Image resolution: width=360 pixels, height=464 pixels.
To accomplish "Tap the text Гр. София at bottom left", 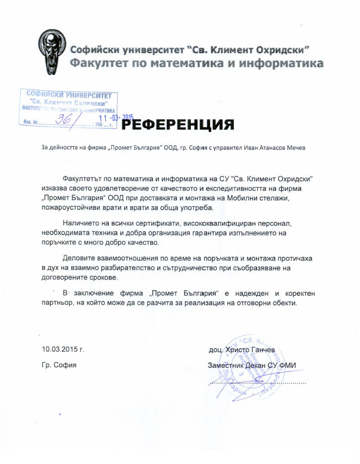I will (59, 366).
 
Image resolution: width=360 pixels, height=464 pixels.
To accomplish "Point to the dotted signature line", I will (257, 382).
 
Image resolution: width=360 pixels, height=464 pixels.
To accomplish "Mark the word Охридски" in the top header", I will (283, 49).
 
